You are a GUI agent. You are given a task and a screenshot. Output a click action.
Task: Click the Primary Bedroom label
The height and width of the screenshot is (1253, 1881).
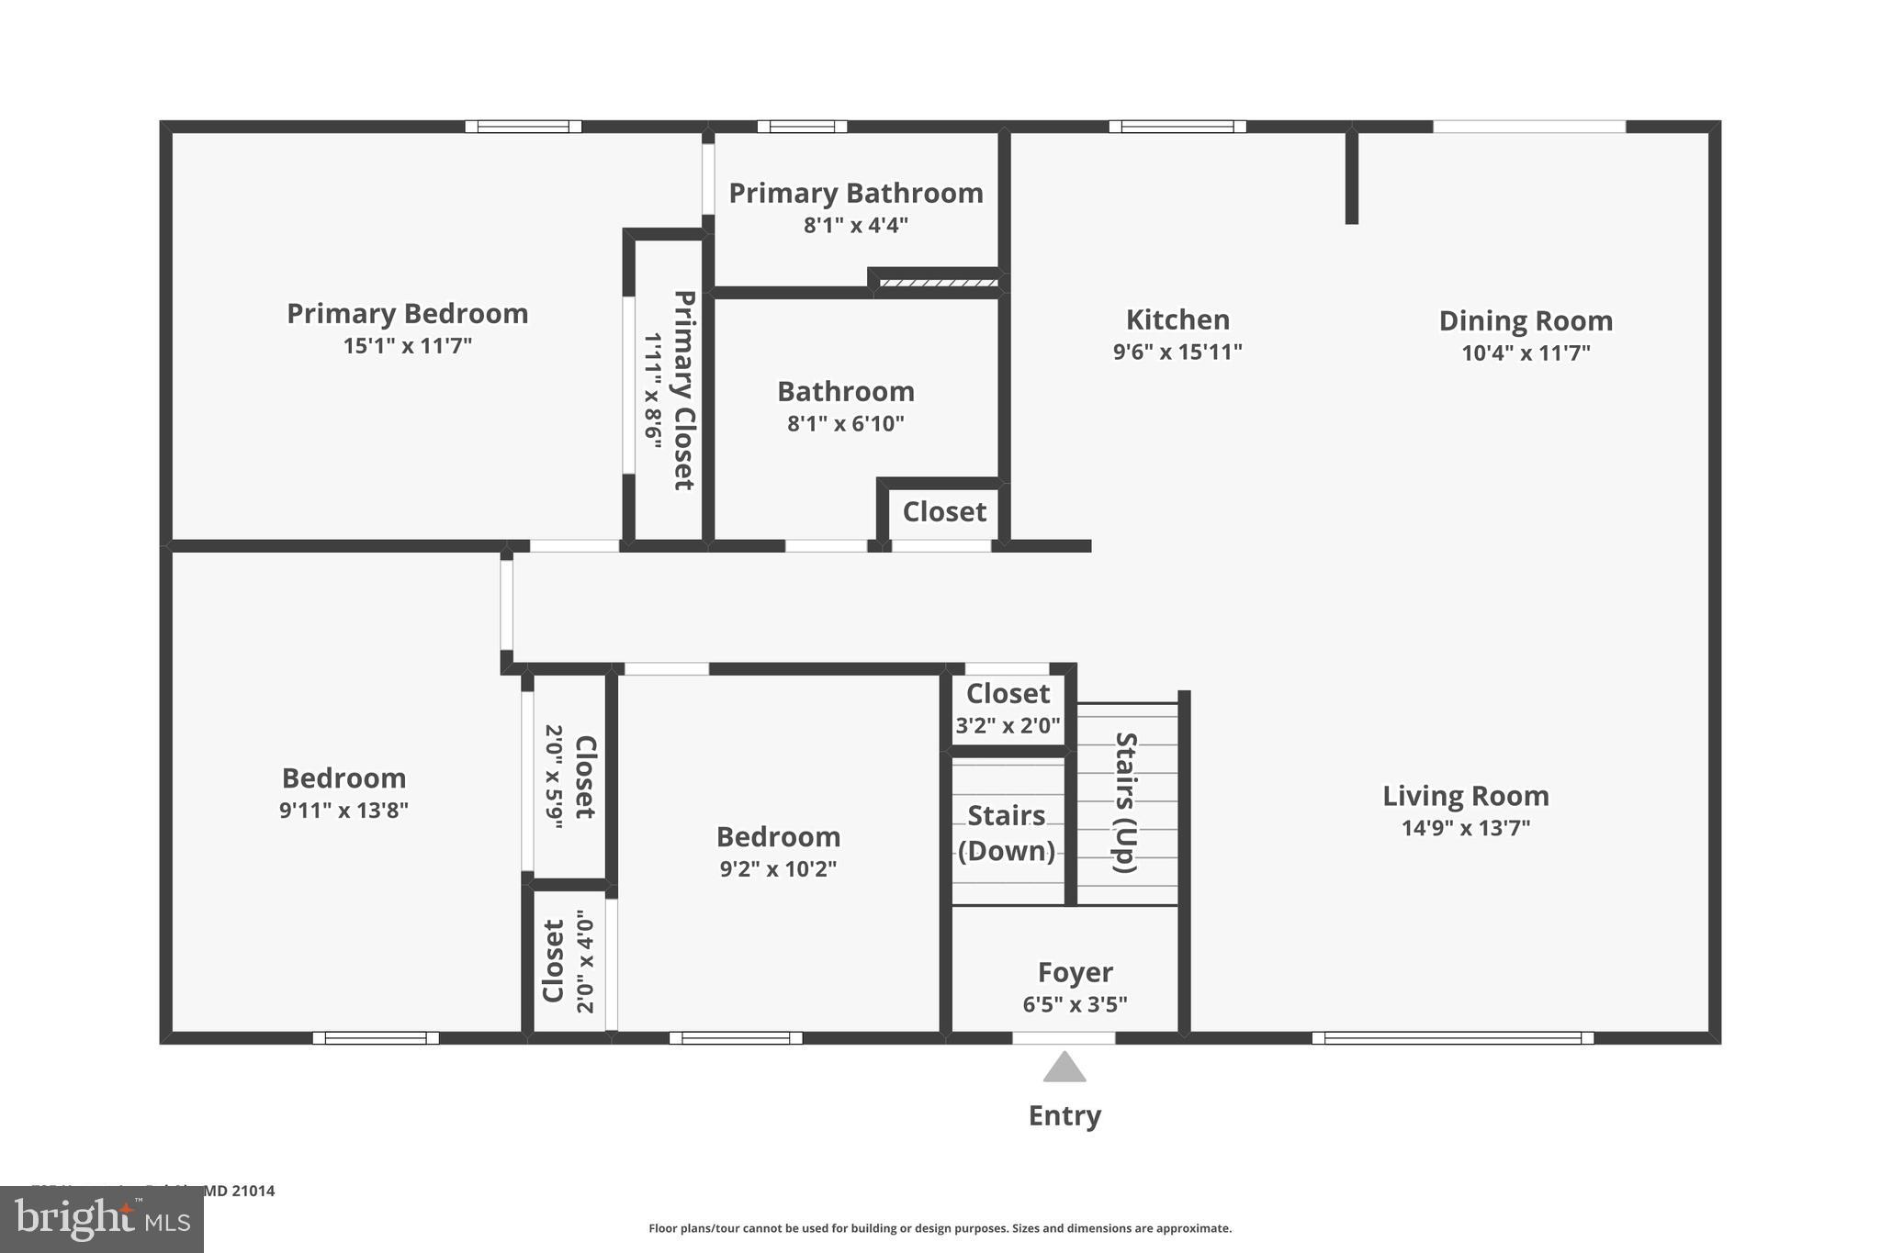pyautogui.click(x=407, y=314)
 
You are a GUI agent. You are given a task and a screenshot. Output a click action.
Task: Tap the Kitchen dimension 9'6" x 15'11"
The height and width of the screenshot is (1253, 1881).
pyautogui.click(x=1177, y=352)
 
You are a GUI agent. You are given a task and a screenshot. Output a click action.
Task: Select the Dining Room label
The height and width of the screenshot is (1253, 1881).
pyautogui.click(x=1525, y=320)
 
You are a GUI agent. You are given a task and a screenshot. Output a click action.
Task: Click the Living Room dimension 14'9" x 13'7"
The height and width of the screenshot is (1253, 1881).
pyautogui.click(x=1465, y=828)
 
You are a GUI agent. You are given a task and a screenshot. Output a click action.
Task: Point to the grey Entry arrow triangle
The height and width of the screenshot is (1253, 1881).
pyautogui.click(x=1064, y=1068)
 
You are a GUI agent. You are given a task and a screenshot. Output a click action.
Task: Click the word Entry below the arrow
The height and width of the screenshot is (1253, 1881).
pyautogui.click(x=1064, y=1115)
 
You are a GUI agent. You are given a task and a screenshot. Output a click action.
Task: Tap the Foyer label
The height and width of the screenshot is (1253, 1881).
pyautogui.click(x=1075, y=972)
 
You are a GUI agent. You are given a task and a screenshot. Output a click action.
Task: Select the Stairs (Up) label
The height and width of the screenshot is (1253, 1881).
pyautogui.click(x=1126, y=802)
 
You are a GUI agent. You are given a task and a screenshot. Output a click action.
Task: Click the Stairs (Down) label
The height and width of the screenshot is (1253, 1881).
pyautogui.click(x=1007, y=833)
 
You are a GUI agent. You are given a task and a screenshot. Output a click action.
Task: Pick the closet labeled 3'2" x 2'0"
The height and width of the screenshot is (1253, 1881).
pyautogui.click(x=1008, y=709)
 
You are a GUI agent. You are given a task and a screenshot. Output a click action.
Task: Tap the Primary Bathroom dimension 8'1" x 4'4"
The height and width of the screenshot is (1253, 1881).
pyautogui.click(x=855, y=225)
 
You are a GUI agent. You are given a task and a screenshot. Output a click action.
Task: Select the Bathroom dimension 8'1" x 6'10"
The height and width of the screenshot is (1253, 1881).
pyautogui.click(x=845, y=423)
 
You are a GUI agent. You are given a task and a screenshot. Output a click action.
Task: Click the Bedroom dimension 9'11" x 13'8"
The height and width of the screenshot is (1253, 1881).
pyautogui.click(x=344, y=811)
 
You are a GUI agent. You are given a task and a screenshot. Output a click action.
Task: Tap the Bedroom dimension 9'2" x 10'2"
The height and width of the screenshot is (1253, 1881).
pyautogui.click(x=778, y=868)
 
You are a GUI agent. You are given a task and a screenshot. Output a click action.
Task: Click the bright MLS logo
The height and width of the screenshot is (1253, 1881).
pyautogui.click(x=102, y=1220)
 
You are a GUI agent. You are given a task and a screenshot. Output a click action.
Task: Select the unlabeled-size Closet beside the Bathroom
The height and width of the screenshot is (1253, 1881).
pyautogui.click(x=944, y=511)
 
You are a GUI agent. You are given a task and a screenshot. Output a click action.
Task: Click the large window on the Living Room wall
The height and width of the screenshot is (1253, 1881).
pyautogui.click(x=1452, y=1038)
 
